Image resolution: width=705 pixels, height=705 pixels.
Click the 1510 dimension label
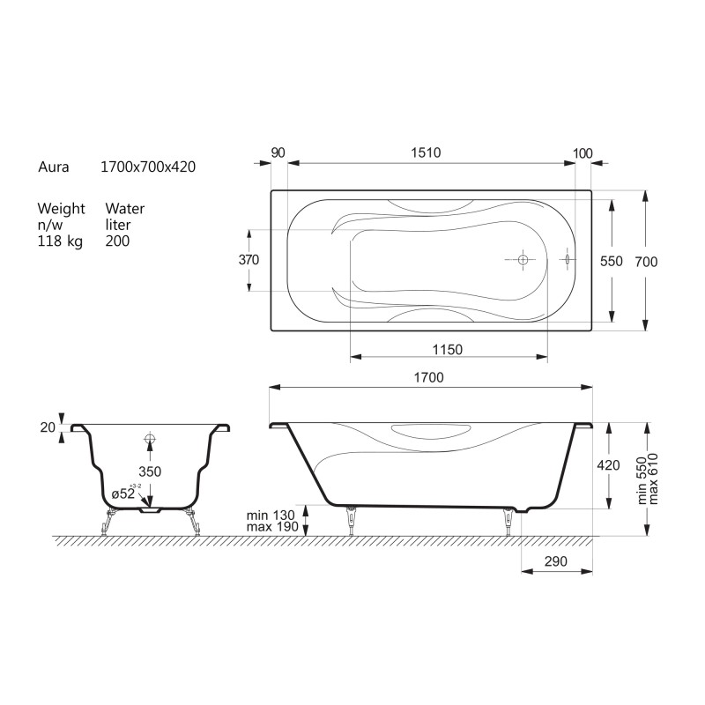pos(426,152)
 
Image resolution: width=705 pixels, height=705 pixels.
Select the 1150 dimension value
pos(448,349)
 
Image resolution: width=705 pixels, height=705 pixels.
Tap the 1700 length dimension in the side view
pos(428,377)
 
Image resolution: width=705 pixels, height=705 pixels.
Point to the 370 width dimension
pos(249,259)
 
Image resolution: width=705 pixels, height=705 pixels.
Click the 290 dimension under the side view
pos(556,561)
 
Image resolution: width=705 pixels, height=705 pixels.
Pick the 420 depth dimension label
pos(608,465)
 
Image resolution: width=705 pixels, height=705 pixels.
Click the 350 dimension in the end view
pos(150,471)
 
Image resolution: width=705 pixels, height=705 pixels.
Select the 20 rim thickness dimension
pos(48,427)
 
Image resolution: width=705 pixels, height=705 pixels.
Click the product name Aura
pos(54,167)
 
